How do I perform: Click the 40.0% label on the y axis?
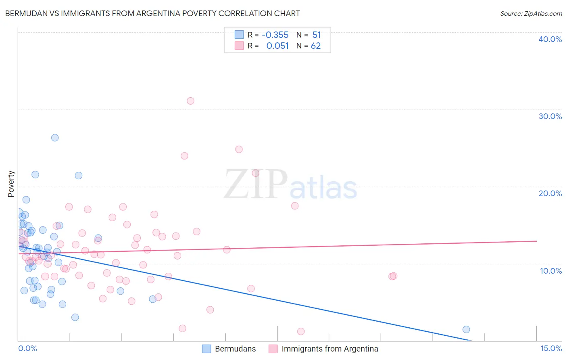click(x=550, y=39)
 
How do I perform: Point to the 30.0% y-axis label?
click(x=550, y=116)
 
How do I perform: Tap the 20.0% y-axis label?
click(x=550, y=193)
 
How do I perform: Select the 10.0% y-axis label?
click(x=551, y=271)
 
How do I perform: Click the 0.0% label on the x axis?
click(x=27, y=348)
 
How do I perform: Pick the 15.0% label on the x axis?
click(x=551, y=348)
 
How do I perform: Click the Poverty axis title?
click(x=11, y=184)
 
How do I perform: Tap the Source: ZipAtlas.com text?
click(x=531, y=13)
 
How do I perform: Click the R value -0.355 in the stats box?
click(x=275, y=35)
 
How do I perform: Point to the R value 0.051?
click(x=277, y=46)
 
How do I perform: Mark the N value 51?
click(x=317, y=35)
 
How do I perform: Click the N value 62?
click(x=316, y=46)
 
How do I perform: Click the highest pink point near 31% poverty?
click(x=190, y=101)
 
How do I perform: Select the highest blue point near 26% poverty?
click(x=55, y=138)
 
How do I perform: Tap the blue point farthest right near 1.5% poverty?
click(x=466, y=329)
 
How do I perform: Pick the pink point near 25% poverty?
click(x=239, y=149)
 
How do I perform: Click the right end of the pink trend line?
click(x=536, y=241)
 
